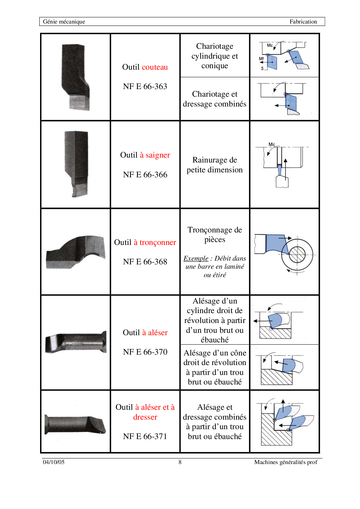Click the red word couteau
[x=155, y=67]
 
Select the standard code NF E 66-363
[x=145, y=86]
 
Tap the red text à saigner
[x=155, y=155]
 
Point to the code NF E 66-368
[x=145, y=262]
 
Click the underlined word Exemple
[x=196, y=258]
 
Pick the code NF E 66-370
[x=145, y=352]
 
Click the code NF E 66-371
[x=145, y=436]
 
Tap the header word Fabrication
[x=303, y=21]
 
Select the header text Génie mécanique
[x=64, y=21]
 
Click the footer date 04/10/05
[x=54, y=462]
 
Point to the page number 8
[x=180, y=462]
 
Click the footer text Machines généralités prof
[x=286, y=462]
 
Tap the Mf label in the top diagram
[x=261, y=59]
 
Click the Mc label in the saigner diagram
[x=272, y=144]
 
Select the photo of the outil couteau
[x=75, y=77]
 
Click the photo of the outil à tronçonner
[x=75, y=252]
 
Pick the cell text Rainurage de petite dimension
[x=215, y=165]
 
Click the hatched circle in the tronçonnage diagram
[x=297, y=255]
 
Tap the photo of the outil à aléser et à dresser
[x=75, y=425]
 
